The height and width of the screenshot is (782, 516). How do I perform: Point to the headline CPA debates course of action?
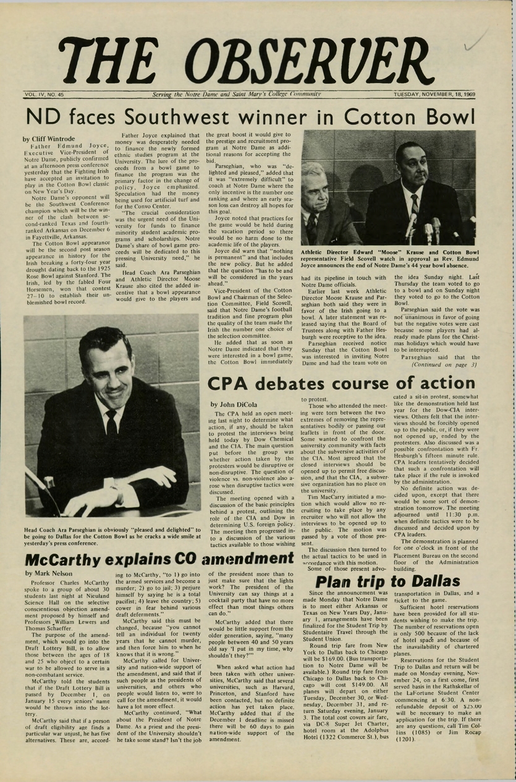point(340,384)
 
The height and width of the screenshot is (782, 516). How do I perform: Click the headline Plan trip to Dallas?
point(387,582)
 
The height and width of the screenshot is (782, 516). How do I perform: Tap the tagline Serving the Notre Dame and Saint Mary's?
point(237,95)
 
